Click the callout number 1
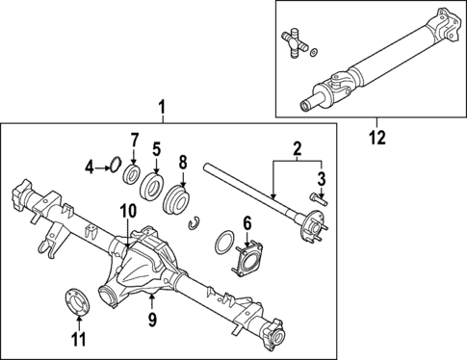pos(163,110)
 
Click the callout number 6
pos(246,223)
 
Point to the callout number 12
pos(376,138)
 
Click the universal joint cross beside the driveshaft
pos(297,43)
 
